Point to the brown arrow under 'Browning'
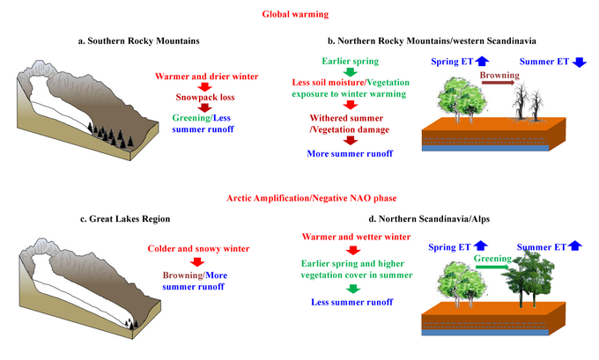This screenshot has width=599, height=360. tap(498, 87)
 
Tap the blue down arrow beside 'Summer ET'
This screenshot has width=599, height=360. tap(579, 62)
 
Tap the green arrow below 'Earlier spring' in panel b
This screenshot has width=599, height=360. tap(350, 71)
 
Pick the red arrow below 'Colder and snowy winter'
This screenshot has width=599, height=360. tap(202, 262)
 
